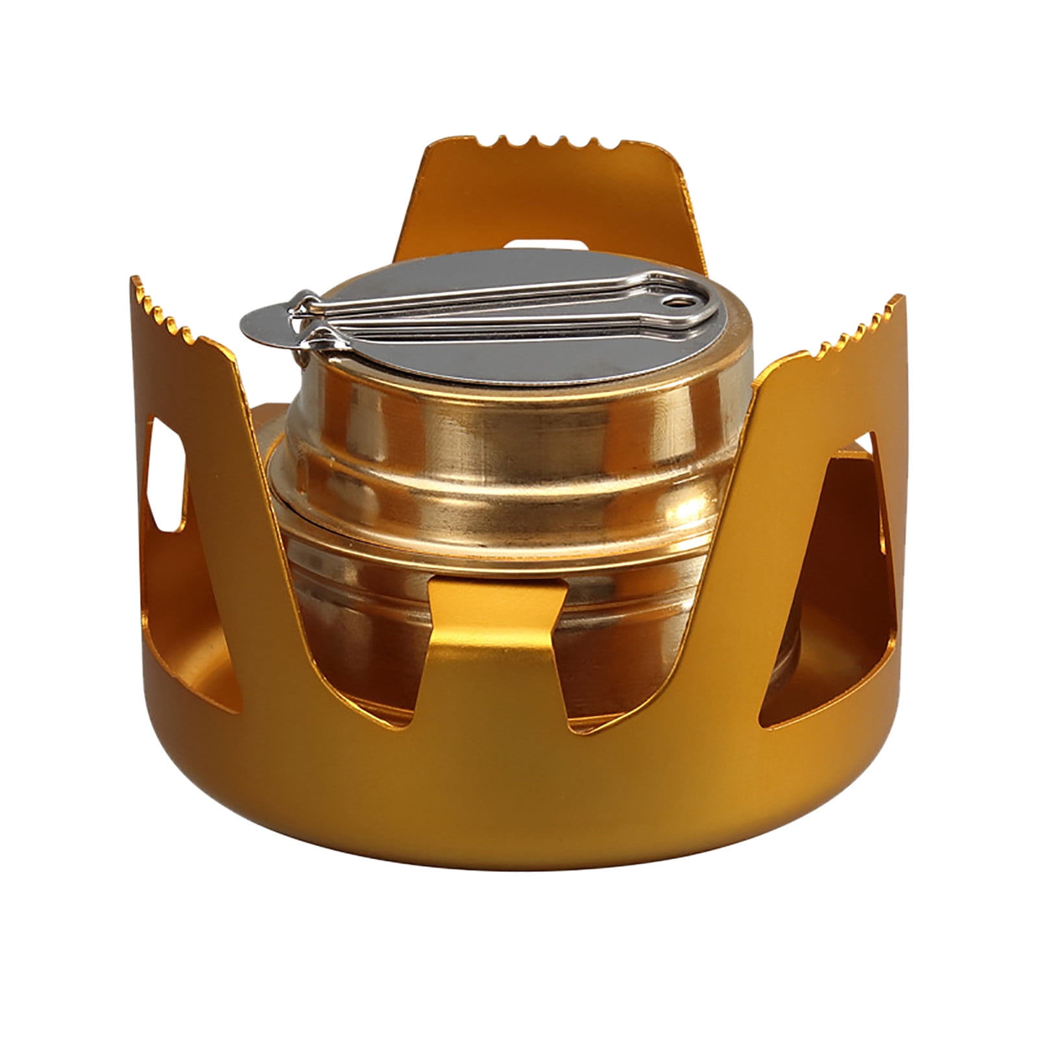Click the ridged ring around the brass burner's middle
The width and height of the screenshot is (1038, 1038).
454,500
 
